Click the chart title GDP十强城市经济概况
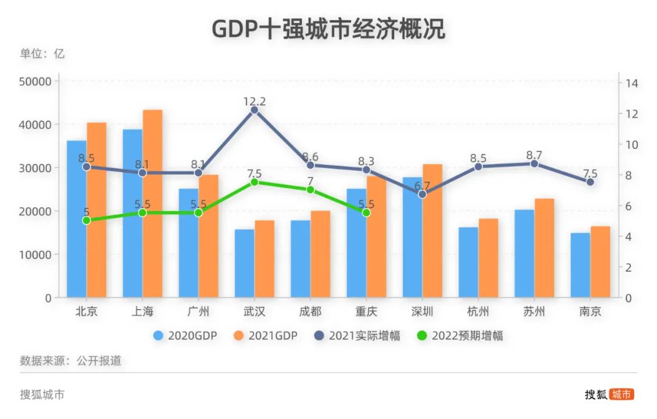(328, 28)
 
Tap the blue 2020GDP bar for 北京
(77, 219)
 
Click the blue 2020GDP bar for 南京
(580, 265)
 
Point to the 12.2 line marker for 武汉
(254, 110)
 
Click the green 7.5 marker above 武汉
(254, 182)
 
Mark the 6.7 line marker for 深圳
(422, 195)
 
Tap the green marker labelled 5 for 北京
(86, 220)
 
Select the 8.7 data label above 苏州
(534, 155)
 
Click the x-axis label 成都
(310, 312)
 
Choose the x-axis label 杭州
(478, 312)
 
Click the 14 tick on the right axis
(631, 83)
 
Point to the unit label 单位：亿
(42, 54)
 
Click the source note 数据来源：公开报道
(71, 361)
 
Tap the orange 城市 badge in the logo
(622, 394)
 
